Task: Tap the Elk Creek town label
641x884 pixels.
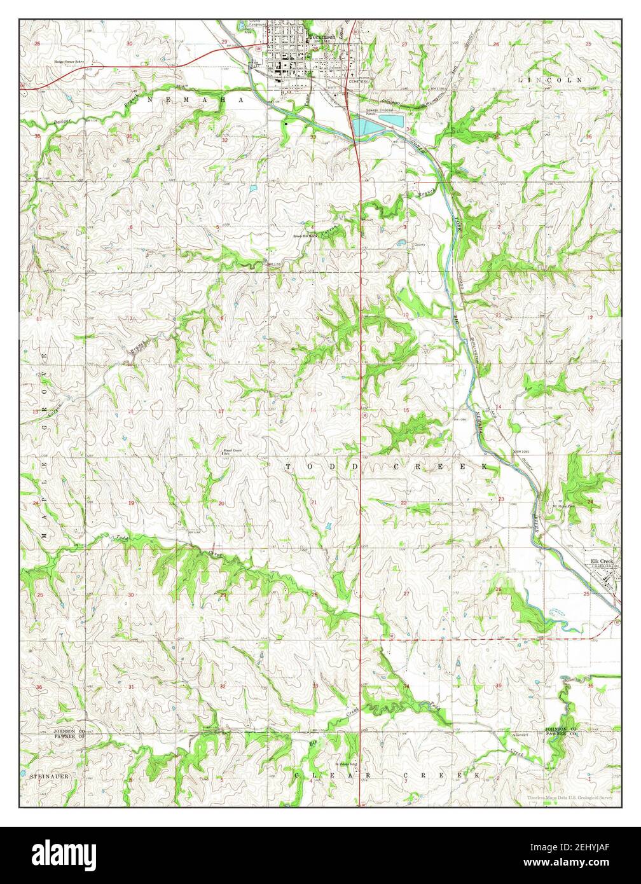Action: tap(601, 560)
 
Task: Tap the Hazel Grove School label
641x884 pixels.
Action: tap(230, 453)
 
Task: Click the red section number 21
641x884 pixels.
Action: tap(314, 502)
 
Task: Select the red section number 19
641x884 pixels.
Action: tap(131, 503)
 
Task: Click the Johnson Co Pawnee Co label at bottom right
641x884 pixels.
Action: tap(561, 731)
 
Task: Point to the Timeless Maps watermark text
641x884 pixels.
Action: tap(569, 798)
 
